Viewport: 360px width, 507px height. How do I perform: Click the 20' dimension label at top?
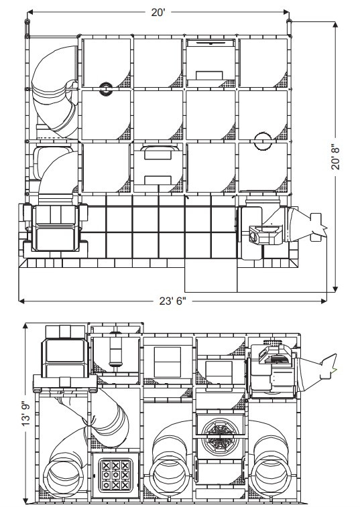158,12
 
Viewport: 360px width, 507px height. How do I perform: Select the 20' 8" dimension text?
336,158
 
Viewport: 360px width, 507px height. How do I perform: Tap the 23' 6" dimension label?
172,301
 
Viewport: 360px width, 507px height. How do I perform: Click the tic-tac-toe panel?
115,476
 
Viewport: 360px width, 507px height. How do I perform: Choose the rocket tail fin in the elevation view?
328,367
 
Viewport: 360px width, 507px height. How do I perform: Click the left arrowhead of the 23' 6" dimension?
21,301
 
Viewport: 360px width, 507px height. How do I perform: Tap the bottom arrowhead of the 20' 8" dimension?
335,289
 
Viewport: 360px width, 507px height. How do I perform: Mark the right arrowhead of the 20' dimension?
286,12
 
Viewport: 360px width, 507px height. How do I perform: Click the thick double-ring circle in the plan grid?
106,89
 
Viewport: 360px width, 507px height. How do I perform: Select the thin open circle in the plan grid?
263,141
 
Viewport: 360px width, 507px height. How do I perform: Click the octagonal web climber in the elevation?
221,435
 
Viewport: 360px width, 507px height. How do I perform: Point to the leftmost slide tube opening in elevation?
63,478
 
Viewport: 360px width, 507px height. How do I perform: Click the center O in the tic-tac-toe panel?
115,475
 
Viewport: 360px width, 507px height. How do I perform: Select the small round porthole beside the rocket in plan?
254,237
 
